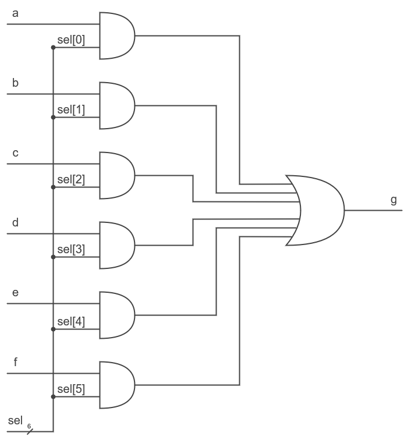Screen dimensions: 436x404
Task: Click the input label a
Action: point(15,13)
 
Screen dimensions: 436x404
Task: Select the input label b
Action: point(15,83)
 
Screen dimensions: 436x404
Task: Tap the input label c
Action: point(15,153)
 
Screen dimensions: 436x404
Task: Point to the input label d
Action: point(15,222)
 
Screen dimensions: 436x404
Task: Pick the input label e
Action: point(15,293)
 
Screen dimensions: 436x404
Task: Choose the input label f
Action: point(15,362)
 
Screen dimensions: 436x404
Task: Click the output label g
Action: point(394,200)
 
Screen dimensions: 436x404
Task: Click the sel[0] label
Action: point(70,40)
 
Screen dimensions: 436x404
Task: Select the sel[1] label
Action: point(70,109)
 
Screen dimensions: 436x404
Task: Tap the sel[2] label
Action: point(70,179)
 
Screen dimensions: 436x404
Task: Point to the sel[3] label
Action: point(70,249)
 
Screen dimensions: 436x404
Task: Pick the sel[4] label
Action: point(70,321)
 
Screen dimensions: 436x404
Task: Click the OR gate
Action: point(317,210)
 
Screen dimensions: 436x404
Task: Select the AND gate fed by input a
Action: point(116,36)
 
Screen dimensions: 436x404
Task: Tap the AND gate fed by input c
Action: point(116,175)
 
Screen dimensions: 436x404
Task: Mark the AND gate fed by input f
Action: point(116,385)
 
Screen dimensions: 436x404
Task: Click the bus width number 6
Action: point(29,426)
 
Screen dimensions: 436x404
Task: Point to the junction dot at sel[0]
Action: point(53,48)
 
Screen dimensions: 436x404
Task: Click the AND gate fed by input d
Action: point(116,245)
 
